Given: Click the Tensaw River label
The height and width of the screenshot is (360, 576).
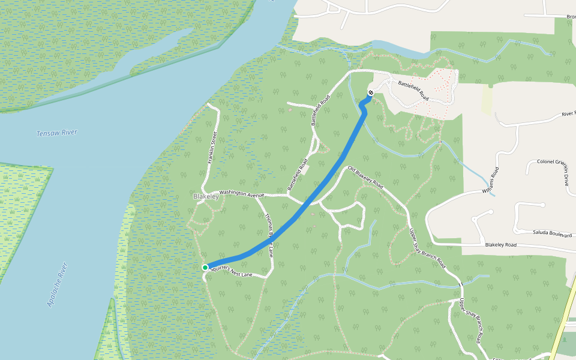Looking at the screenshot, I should (57, 133).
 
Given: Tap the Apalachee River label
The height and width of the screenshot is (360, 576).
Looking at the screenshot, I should (59, 285).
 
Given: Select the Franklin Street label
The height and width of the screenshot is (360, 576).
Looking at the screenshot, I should (211, 148).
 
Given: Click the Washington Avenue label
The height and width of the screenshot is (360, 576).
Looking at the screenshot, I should (242, 193).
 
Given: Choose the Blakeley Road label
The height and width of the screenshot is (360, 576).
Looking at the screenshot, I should (501, 245).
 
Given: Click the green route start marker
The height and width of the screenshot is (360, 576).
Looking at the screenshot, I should (205, 267).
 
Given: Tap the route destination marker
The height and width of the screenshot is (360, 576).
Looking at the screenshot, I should (371, 92).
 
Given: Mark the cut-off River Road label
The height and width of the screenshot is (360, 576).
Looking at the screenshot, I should (568, 113).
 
